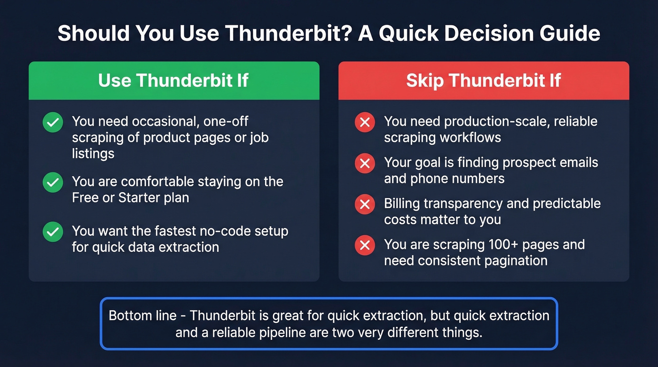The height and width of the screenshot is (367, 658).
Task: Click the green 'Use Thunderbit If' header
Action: (x=173, y=80)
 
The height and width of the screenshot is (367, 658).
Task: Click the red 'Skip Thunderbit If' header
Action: (x=483, y=80)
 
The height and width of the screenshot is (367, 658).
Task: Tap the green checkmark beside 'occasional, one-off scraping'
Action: (x=53, y=123)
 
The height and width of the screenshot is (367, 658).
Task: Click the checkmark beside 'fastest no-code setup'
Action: (x=53, y=232)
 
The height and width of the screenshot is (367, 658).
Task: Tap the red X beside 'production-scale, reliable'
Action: (x=364, y=123)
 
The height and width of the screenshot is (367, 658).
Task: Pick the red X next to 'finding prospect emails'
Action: (x=364, y=164)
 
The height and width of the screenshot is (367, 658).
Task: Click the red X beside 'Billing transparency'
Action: (x=364, y=204)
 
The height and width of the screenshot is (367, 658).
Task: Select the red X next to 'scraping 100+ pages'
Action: (x=364, y=245)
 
